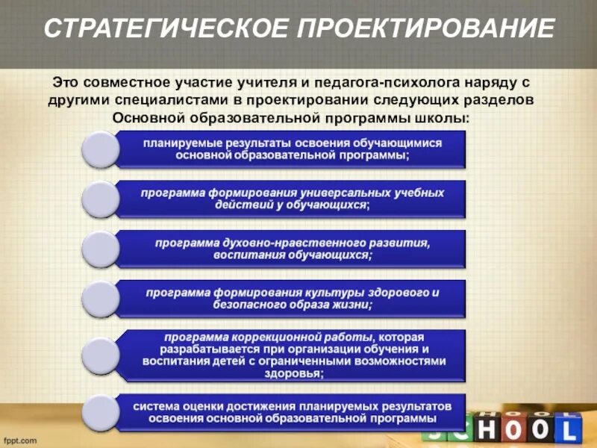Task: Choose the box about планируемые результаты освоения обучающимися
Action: click(291, 149)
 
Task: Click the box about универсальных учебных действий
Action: click(291, 198)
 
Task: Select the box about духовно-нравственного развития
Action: click(291, 248)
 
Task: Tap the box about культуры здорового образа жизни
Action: click(291, 297)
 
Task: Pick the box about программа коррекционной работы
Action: click(291, 355)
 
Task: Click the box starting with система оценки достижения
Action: click(291, 412)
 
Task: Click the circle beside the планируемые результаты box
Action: click(99, 149)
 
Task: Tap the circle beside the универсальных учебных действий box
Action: click(99, 199)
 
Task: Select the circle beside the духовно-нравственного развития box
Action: click(99, 249)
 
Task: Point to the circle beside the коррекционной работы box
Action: click(99, 355)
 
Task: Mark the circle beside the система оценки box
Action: click(99, 412)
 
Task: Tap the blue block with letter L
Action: click(568, 431)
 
